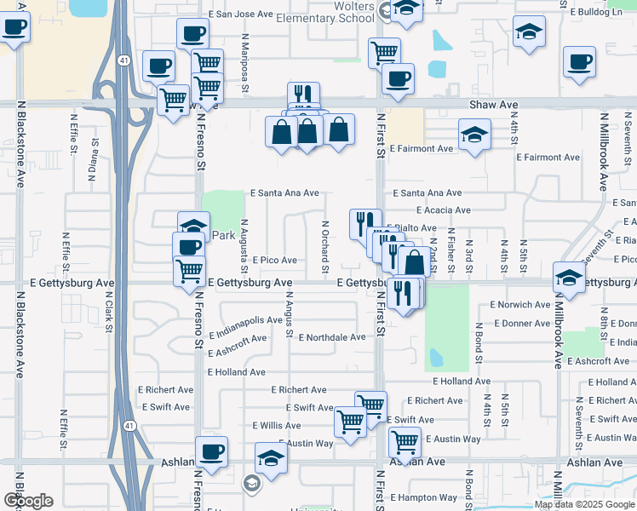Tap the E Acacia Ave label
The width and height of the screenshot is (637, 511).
[443, 210]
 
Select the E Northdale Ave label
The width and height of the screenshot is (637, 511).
[332, 337]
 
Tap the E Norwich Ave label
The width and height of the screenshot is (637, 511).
[520, 304]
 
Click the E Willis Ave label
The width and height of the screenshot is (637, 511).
[277, 425]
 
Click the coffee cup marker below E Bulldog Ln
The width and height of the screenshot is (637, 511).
[580, 62]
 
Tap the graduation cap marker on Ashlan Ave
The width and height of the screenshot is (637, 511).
[271, 457]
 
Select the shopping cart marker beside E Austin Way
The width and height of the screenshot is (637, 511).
[405, 441]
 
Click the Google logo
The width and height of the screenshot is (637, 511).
[28, 501]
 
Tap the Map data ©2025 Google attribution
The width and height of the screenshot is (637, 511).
[584, 504]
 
